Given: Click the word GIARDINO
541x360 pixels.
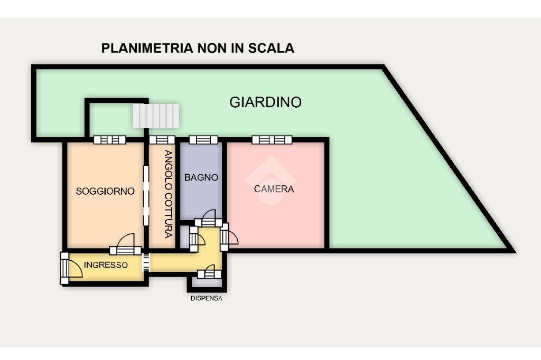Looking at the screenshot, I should tap(265, 102).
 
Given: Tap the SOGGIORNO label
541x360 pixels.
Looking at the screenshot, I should tap(105, 191).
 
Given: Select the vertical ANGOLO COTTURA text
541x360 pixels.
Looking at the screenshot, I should tap(167, 194).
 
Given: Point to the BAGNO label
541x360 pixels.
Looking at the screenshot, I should tap(201, 178).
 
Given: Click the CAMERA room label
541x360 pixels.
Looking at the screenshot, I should tap(274, 189).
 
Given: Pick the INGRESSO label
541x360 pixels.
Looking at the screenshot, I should tap(106, 265).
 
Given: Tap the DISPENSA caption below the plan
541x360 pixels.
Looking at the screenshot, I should tap(206, 299).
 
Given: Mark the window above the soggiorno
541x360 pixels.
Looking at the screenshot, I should tap(109, 140).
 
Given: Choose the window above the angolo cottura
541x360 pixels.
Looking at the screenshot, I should tap(162, 140).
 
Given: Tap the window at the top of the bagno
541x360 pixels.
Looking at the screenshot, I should tap(203, 140).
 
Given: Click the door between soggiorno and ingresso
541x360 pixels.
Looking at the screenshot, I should tap(125, 247).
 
